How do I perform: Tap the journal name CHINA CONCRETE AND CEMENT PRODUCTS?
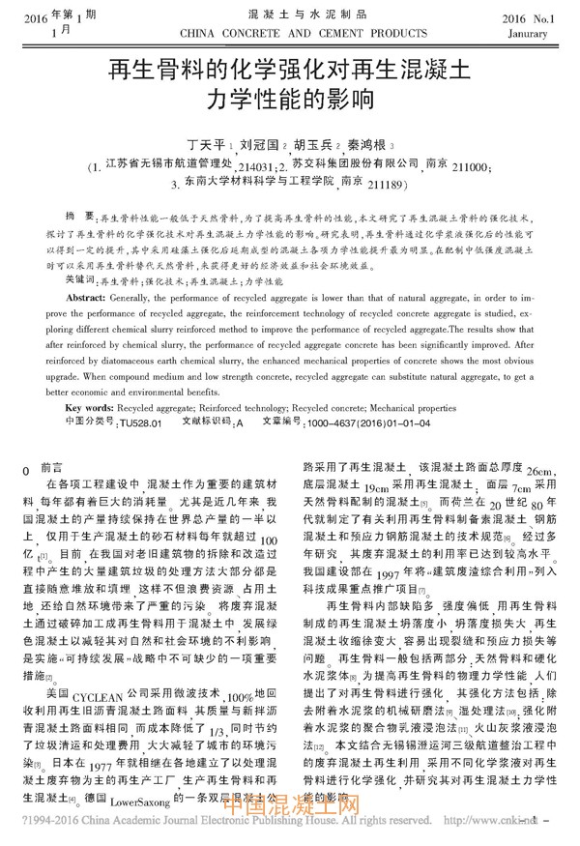290,32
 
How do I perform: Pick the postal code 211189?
400,184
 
